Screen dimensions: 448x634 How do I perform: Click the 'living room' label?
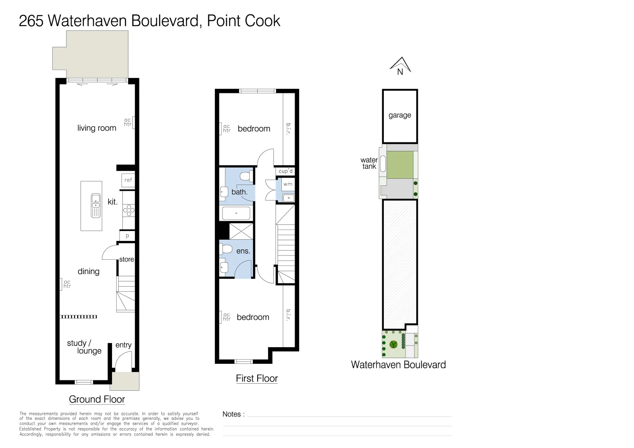coord(97,128)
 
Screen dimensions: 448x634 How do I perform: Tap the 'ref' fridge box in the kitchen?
coord(128,180)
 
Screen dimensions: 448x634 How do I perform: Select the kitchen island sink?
coord(96,206)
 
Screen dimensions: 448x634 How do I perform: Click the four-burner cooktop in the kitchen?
coord(129,210)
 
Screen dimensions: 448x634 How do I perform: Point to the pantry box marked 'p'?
coord(127,236)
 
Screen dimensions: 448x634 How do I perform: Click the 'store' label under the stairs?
coord(127,259)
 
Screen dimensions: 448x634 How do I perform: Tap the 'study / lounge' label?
coord(84,347)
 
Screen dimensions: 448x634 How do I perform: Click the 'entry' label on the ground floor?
coord(123,345)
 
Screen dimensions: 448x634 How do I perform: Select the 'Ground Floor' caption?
coord(97,399)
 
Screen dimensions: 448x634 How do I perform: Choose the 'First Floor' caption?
coord(257,378)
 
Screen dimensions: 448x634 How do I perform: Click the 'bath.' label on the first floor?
coord(239,192)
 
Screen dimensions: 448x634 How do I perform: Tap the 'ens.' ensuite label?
coord(243,251)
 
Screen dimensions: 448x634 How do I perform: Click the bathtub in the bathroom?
coord(236,213)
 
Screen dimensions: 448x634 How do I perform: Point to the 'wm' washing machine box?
coord(288,184)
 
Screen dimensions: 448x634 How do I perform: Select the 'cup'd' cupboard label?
coord(285,171)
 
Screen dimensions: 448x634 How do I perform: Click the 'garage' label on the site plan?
coord(400,115)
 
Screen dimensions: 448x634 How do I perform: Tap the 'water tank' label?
coord(369,163)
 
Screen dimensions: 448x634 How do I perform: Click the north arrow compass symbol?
coord(400,66)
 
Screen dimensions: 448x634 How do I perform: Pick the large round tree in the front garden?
coord(393,344)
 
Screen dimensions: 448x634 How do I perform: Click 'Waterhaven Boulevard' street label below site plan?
coord(398,365)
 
